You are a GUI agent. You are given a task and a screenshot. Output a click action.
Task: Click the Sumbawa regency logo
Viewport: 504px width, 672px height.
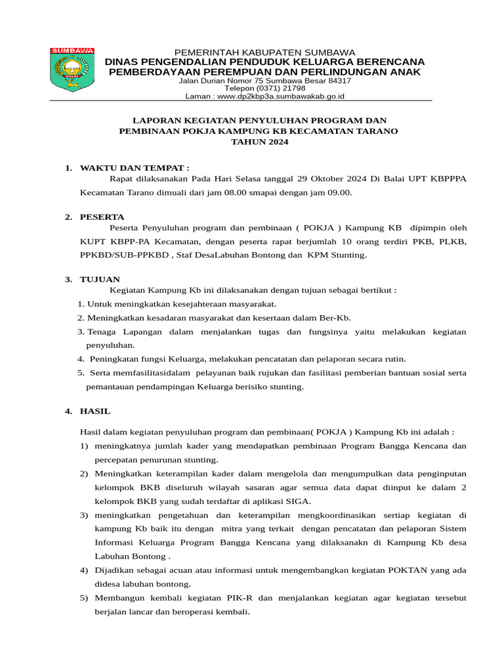coord(72,69)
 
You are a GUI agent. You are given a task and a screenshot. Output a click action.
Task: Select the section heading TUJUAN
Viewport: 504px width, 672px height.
coord(100,279)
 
